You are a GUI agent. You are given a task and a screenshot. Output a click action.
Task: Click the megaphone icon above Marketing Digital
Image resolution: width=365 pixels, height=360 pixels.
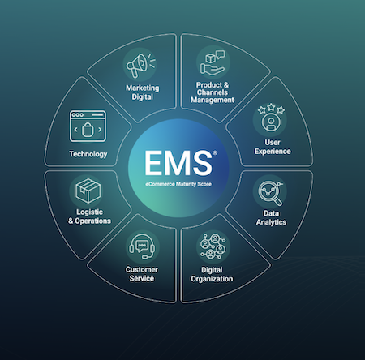141,65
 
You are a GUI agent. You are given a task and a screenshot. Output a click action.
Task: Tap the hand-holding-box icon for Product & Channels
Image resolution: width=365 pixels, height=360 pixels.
213,62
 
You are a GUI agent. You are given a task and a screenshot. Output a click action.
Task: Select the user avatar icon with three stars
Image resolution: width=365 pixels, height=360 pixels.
271,118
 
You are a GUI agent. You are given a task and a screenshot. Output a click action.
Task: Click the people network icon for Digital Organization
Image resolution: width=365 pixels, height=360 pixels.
213,246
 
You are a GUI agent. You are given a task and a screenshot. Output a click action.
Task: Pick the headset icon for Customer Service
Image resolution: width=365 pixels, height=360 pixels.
142,246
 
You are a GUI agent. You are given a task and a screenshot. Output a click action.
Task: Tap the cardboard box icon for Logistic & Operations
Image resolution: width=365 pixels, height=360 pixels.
88,191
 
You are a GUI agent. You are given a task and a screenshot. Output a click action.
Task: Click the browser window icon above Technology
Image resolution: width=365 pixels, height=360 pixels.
88,126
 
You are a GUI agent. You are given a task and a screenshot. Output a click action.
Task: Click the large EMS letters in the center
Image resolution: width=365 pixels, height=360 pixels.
178,163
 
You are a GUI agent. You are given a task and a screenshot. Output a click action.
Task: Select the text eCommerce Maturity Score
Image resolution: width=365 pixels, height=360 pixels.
178,184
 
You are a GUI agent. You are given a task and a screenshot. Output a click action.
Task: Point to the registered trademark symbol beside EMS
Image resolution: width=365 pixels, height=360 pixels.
215,153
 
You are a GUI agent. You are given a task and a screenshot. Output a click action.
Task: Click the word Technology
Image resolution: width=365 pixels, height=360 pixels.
88,154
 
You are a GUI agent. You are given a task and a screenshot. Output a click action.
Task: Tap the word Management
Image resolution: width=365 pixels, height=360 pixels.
213,100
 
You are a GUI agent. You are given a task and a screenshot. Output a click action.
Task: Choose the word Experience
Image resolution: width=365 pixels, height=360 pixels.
273,152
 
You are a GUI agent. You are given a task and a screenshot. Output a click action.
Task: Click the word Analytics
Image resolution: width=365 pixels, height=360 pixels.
271,222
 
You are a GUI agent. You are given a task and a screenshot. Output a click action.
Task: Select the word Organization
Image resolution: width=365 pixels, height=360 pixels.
212,279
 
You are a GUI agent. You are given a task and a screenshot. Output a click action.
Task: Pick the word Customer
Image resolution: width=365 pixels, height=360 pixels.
142,269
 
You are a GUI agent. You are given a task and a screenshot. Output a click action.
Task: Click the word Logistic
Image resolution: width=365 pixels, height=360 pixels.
89,212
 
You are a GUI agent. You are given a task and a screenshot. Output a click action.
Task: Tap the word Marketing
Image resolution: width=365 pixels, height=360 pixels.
143,88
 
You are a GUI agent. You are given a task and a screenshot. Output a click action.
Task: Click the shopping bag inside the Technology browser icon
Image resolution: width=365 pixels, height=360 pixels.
88,130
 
